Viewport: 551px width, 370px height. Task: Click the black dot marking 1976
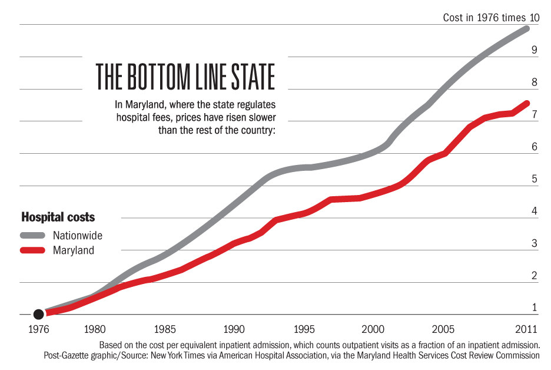(39, 315)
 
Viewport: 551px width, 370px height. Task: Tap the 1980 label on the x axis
(95, 329)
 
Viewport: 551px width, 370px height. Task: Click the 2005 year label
(443, 329)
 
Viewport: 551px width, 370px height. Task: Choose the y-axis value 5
(534, 179)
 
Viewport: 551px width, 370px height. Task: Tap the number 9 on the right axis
(534, 50)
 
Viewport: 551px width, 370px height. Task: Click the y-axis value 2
(534, 275)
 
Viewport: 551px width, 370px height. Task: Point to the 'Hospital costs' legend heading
(58, 217)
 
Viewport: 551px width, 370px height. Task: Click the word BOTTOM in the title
(155, 77)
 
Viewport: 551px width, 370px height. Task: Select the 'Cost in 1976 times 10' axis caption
(491, 18)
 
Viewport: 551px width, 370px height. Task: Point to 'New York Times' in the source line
(185, 355)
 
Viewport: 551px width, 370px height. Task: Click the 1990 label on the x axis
(234, 329)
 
